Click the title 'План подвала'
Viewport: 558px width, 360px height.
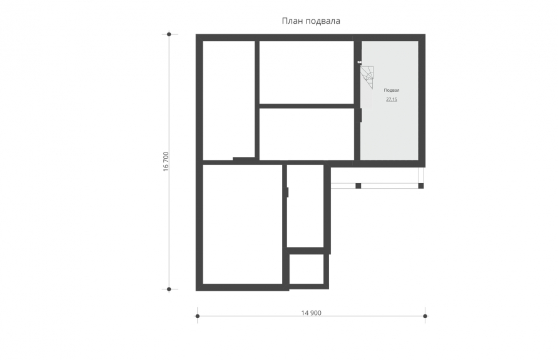coord(311,21)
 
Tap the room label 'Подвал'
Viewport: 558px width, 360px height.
coord(392,90)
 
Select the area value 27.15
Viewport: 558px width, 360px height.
coord(392,99)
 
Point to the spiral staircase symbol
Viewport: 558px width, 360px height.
coord(367,77)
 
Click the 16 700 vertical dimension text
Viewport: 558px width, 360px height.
coord(166,162)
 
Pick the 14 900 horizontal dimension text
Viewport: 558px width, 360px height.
coord(311,313)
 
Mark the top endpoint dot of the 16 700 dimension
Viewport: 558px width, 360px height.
coord(169,34)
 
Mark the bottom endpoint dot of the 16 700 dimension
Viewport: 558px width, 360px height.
coord(169,289)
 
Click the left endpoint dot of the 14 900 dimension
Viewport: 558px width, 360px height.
coord(198,316)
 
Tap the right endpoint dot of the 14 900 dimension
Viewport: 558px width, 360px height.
coord(425,316)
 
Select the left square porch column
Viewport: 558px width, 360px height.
coord(358,186)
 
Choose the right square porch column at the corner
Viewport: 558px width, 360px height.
coord(421,186)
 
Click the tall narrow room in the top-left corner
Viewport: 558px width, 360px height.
coord(229,101)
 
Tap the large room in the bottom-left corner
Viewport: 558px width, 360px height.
coord(243,224)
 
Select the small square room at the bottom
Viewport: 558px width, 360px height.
coord(307,269)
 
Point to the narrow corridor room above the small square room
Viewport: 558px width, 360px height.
coord(305,206)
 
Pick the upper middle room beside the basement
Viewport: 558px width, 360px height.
coord(307,72)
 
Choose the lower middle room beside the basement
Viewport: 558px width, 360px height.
coord(307,134)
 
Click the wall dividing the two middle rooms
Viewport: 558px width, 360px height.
coord(307,106)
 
